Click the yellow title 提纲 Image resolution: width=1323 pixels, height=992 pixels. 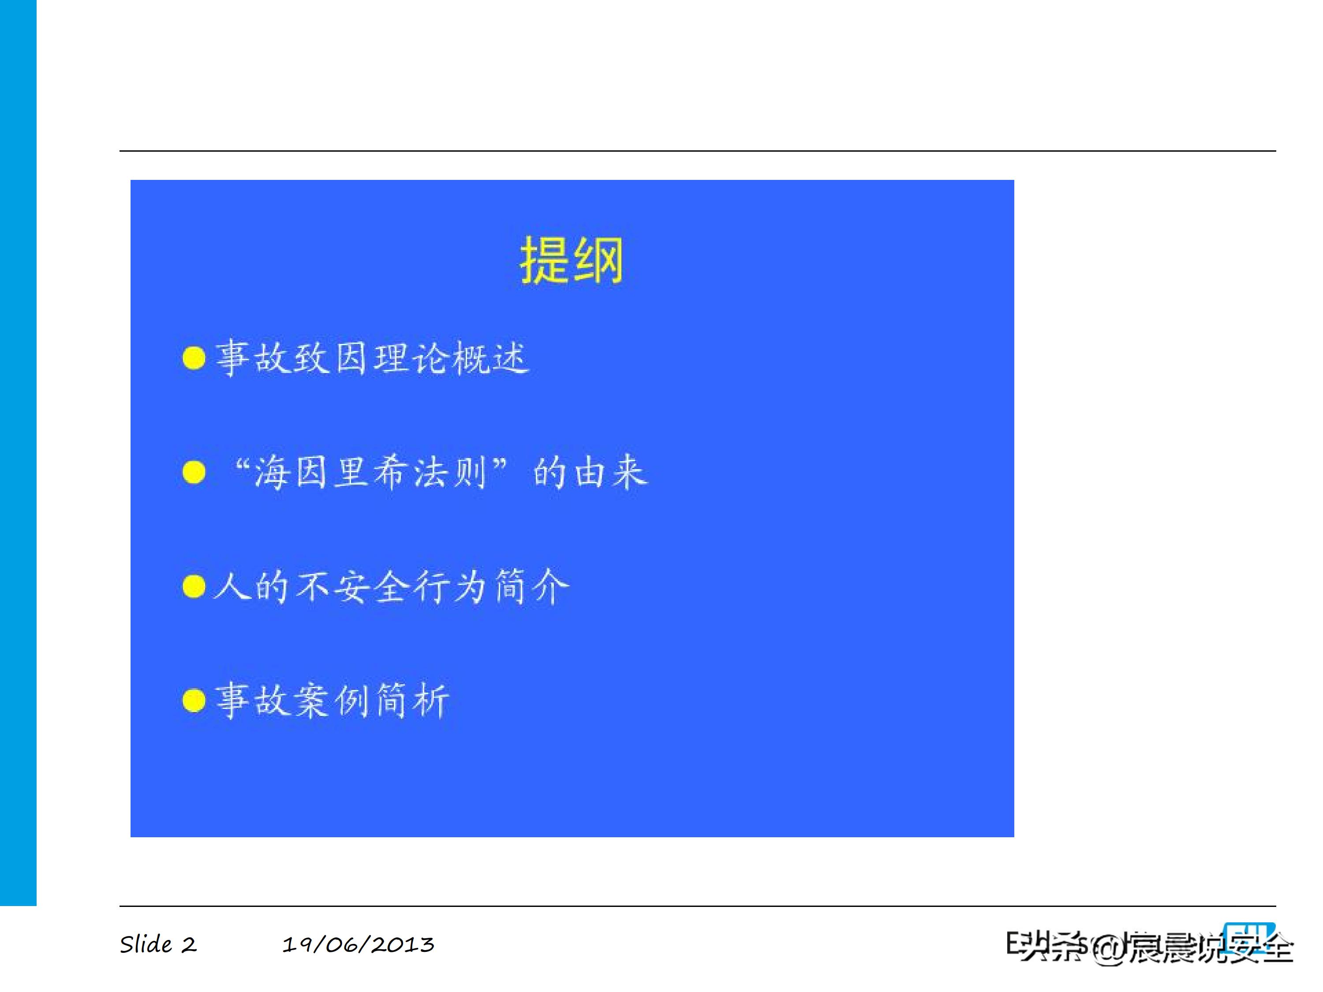571,261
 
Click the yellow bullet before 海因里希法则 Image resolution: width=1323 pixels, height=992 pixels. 194,472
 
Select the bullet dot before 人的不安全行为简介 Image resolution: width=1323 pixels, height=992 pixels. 194,586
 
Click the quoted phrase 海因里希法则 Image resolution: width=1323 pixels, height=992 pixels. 371,472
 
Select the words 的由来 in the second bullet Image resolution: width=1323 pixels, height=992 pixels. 590,472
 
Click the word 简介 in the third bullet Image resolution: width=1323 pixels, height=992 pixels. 531,586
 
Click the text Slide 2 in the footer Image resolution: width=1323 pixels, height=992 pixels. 158,945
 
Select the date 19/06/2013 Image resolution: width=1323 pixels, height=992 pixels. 358,945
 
